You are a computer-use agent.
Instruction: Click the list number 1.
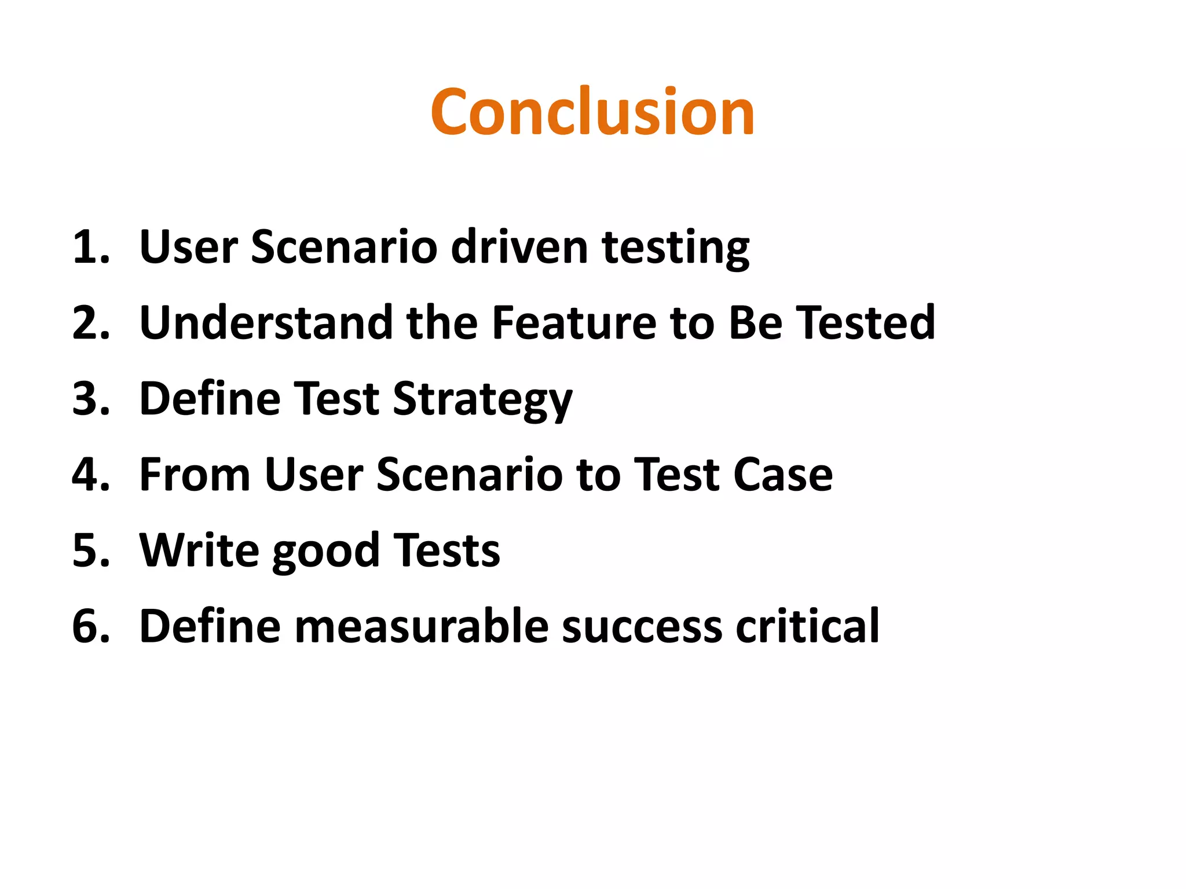(x=90, y=247)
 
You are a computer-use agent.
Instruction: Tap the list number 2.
(x=90, y=323)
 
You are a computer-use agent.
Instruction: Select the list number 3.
(x=90, y=399)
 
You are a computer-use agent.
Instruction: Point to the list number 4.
(x=90, y=475)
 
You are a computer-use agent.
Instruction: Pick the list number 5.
(x=90, y=550)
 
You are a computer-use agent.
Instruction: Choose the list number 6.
(x=90, y=626)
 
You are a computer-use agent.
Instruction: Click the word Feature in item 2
(x=574, y=323)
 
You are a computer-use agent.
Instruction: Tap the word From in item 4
(x=195, y=475)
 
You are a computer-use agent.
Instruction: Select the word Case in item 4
(x=783, y=475)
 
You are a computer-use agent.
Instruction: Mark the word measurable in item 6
(x=422, y=626)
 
